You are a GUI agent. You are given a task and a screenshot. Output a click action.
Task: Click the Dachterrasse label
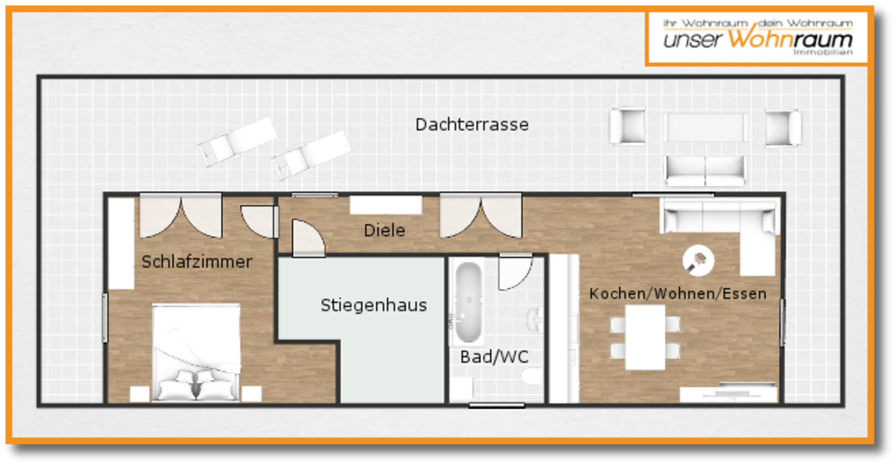click(472, 125)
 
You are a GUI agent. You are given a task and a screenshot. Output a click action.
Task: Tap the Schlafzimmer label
click(197, 262)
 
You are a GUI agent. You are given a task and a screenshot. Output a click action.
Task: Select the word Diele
click(384, 230)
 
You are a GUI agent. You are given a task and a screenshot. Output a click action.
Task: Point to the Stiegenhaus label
click(373, 305)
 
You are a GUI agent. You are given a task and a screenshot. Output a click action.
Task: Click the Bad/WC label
click(494, 357)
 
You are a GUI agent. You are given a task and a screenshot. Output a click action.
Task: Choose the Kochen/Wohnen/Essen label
click(678, 294)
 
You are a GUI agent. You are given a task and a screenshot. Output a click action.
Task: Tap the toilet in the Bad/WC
click(532, 376)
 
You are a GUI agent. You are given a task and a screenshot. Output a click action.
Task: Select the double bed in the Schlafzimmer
click(196, 353)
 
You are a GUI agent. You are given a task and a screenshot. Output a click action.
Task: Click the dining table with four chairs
click(645, 337)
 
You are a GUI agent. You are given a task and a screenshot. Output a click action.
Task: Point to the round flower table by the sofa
click(698, 261)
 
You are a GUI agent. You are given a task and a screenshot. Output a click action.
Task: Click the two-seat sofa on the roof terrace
click(705, 171)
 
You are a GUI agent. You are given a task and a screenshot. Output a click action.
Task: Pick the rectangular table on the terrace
click(705, 127)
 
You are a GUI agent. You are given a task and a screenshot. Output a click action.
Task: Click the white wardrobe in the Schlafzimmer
click(121, 243)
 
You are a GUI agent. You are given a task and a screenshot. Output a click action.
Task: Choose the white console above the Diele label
click(385, 205)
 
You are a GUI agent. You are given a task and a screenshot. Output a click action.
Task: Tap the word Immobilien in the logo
click(823, 53)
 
